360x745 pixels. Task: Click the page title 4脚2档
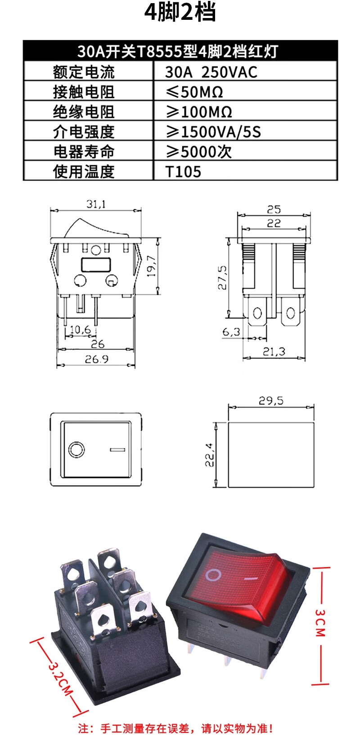pos(180,12)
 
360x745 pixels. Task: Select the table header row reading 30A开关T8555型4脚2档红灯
pos(180,51)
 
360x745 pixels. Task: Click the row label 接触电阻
pos(84,92)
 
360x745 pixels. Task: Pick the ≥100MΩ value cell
pos(199,112)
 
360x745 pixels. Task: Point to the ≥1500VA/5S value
pos(213,132)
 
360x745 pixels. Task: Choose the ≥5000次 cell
pos(199,152)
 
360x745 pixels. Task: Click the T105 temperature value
pos(183,172)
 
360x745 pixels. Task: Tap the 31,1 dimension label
pos(96,204)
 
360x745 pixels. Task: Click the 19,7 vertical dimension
pos(151,266)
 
